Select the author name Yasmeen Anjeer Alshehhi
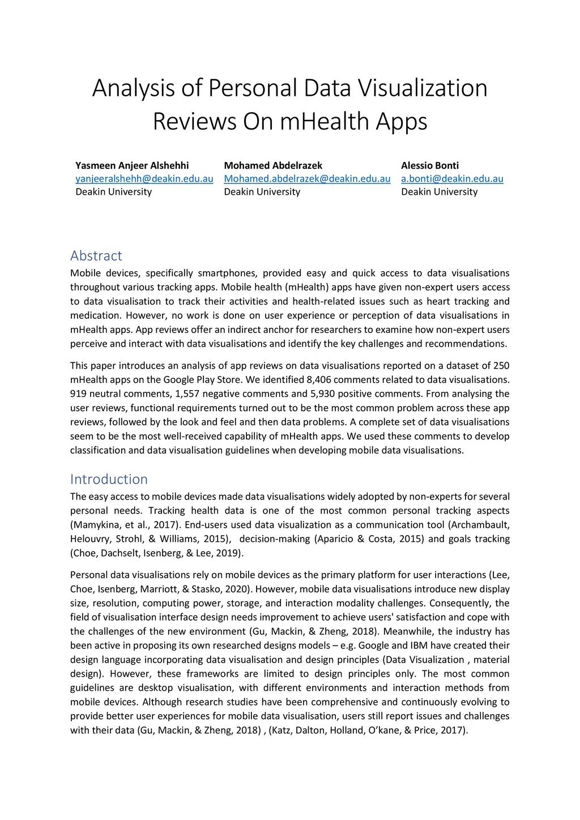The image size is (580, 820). [x=132, y=165]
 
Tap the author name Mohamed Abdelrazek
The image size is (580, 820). [x=273, y=165]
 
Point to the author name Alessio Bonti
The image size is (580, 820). [x=430, y=165]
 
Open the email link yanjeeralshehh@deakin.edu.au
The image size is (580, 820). [x=144, y=178]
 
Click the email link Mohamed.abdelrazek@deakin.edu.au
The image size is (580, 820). [x=307, y=178]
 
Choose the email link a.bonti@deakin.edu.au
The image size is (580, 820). [x=452, y=178]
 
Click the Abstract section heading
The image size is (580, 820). [x=96, y=255]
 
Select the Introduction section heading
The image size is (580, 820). [x=109, y=479]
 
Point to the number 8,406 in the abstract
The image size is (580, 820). [x=319, y=379]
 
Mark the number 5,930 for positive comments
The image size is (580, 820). [x=323, y=394]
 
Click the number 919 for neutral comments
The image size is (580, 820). [x=78, y=394]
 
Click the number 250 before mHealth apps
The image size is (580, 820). [x=501, y=365]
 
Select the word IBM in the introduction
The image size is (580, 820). [x=419, y=645]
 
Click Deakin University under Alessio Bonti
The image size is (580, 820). [x=439, y=191]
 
